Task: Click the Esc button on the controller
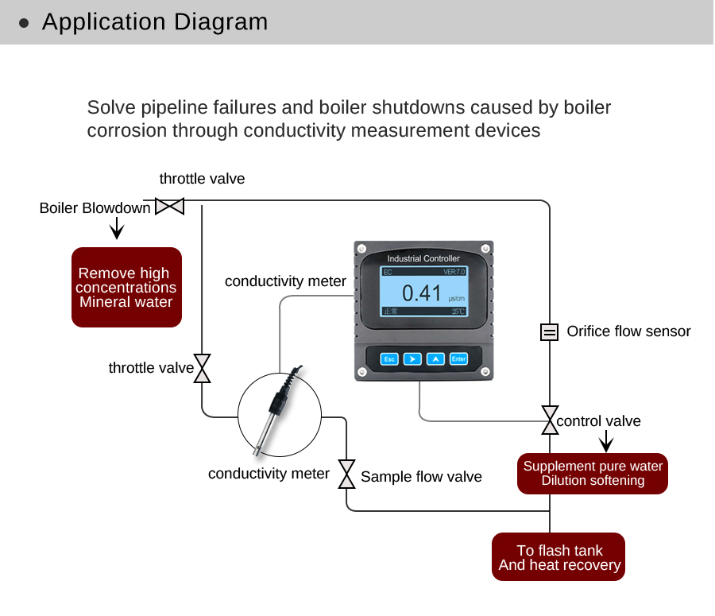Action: (389, 358)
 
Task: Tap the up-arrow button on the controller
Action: (435, 358)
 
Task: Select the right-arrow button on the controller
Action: (412, 358)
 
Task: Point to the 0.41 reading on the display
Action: (421, 293)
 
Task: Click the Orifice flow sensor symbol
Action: (549, 332)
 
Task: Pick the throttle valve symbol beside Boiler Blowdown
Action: (169, 207)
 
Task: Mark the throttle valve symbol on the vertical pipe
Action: (203, 368)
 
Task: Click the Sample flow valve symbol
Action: (346, 474)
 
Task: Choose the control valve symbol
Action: (549, 420)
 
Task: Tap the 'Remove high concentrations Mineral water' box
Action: (127, 287)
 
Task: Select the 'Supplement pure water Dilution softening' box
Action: (593, 473)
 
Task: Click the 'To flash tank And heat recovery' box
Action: (559, 557)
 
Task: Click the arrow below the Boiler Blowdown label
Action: (117, 229)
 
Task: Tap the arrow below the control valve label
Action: (606, 441)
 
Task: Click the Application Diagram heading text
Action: (155, 22)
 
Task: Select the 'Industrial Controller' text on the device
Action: (423, 258)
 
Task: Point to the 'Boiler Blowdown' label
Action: (95, 208)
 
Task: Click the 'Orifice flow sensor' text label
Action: (628, 331)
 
